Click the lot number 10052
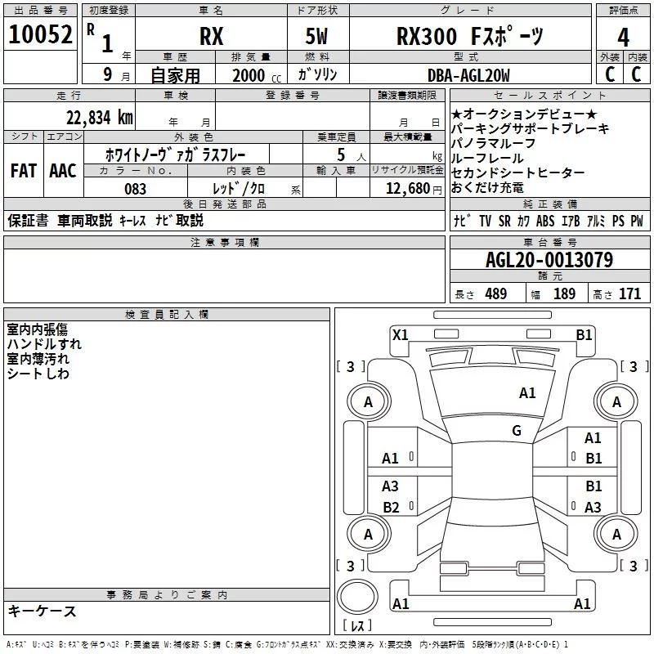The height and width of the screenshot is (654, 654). (x=40, y=34)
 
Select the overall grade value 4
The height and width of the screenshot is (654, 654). (x=623, y=38)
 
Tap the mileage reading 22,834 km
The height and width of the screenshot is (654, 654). (x=99, y=118)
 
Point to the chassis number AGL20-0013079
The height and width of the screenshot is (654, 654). (x=549, y=260)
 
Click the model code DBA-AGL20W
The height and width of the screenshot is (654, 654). (x=468, y=75)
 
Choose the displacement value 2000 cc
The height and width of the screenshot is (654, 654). (x=257, y=75)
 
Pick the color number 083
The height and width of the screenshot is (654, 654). (x=135, y=189)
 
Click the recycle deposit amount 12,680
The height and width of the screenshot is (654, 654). (x=407, y=188)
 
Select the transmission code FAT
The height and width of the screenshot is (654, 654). (x=24, y=171)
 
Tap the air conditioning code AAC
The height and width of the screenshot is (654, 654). (x=63, y=171)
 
